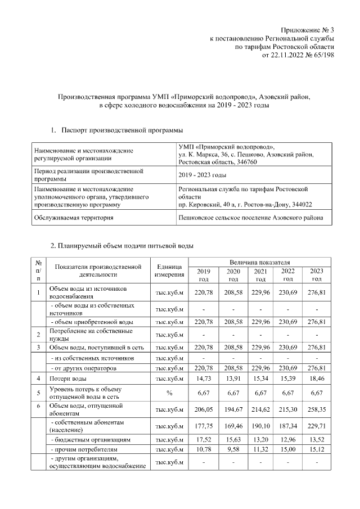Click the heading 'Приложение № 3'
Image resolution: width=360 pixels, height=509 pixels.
308,30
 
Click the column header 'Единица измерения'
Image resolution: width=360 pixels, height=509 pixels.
169,271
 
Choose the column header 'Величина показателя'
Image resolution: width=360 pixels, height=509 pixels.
259,263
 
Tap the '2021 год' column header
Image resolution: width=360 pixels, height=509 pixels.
260,275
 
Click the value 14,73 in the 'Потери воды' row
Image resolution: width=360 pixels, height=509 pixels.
201,381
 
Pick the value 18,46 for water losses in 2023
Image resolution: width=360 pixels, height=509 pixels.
317,381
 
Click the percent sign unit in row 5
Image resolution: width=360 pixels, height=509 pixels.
169,393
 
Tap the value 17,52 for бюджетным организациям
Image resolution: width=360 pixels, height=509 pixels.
201,439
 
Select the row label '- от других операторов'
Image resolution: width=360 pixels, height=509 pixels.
84,368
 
